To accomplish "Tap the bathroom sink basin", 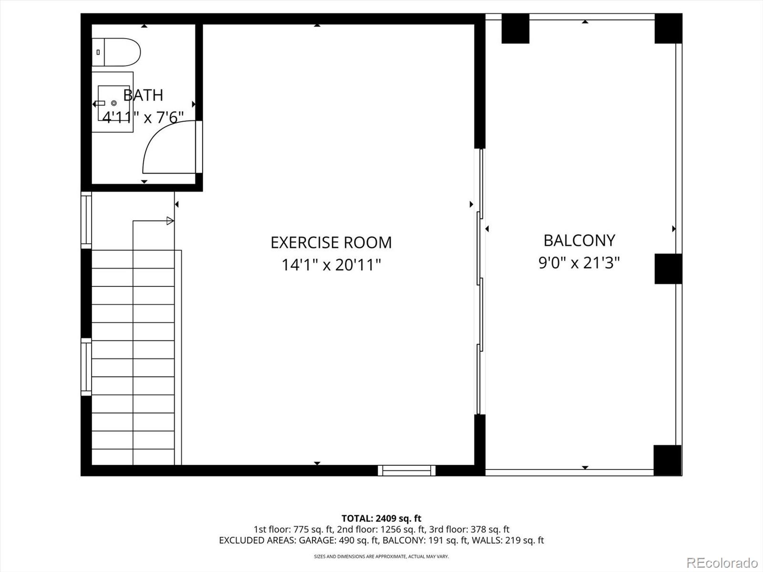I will [113, 103].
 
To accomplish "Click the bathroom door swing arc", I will [162, 143].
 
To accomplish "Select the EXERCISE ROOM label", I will [331, 243].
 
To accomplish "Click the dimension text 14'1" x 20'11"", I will [331, 265].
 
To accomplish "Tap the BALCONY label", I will [579, 240].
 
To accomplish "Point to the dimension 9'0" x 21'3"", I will [579, 263].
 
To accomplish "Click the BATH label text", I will [143, 95].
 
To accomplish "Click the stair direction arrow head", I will [170, 221].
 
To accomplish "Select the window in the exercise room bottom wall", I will [407, 470].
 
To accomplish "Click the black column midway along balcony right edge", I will [668, 269].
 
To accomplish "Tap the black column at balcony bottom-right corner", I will [667, 460].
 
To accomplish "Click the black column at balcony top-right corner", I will [668, 29].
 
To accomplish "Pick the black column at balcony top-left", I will [515, 29].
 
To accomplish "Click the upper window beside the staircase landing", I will [86, 220].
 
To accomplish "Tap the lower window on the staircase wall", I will [86, 367].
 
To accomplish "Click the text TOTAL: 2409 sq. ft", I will [381, 518].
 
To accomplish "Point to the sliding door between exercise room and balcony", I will [480, 281].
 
